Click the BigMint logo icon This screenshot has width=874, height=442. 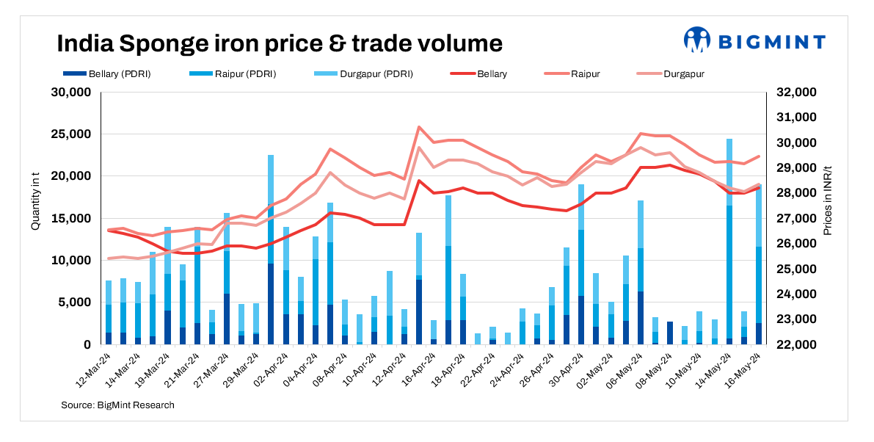coord(697,40)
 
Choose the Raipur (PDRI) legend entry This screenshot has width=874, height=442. coord(239,74)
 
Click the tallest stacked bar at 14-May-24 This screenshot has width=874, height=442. coord(729,242)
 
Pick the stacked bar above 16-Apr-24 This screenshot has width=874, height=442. coord(434,330)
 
